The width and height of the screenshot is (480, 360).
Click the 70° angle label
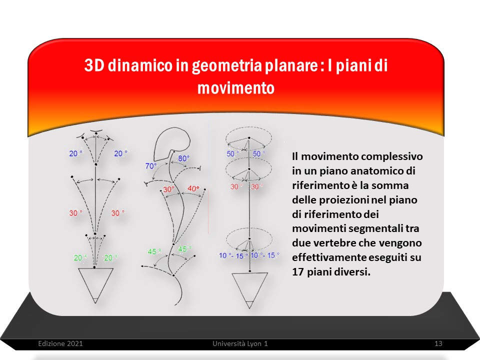coord(150,166)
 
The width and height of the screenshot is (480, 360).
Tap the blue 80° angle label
coord(183,158)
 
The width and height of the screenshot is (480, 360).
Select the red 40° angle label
coord(193,188)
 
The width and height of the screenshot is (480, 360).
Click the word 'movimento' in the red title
coord(235,88)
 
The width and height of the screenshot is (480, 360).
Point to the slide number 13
coord(438,343)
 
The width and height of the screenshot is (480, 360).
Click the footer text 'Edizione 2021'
coord(60,343)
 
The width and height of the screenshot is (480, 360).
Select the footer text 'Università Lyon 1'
coord(240,343)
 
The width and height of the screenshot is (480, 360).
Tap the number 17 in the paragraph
coord(298,272)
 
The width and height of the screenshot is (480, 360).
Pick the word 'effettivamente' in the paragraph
coord(329,257)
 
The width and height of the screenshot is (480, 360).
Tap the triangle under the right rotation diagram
coord(249,290)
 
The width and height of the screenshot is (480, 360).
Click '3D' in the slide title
coord(94,65)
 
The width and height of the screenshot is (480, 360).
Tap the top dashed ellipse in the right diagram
coord(248,127)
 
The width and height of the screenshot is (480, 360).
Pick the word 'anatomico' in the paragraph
coord(361,171)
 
